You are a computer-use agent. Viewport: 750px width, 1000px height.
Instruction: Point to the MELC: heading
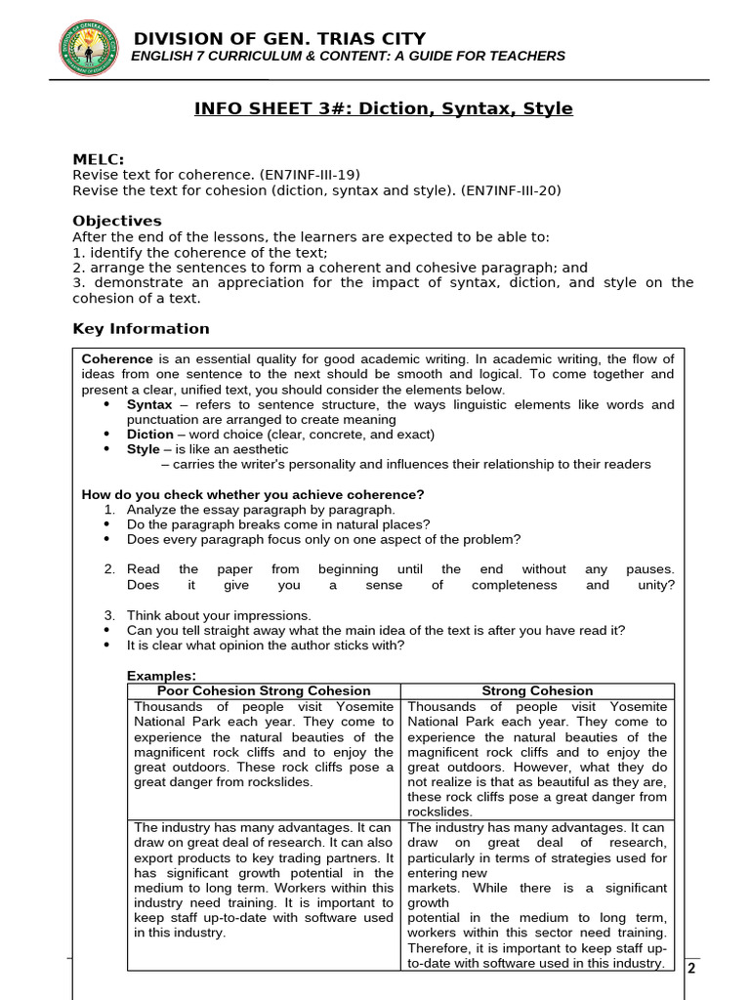(99, 160)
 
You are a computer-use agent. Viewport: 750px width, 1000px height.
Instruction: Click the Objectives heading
(117, 221)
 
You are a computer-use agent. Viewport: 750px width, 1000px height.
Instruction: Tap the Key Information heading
(141, 328)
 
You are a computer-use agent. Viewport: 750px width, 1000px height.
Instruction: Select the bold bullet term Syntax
(149, 404)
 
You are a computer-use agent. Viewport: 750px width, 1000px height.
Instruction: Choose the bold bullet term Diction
(149, 435)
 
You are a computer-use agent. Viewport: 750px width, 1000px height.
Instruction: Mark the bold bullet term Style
(143, 449)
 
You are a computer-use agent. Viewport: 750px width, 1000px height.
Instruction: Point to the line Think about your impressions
(219, 615)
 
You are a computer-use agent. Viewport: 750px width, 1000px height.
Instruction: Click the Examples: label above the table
(161, 676)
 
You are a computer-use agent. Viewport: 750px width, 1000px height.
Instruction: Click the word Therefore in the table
(441, 947)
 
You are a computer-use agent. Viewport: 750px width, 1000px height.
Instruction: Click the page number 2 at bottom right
(691, 968)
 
